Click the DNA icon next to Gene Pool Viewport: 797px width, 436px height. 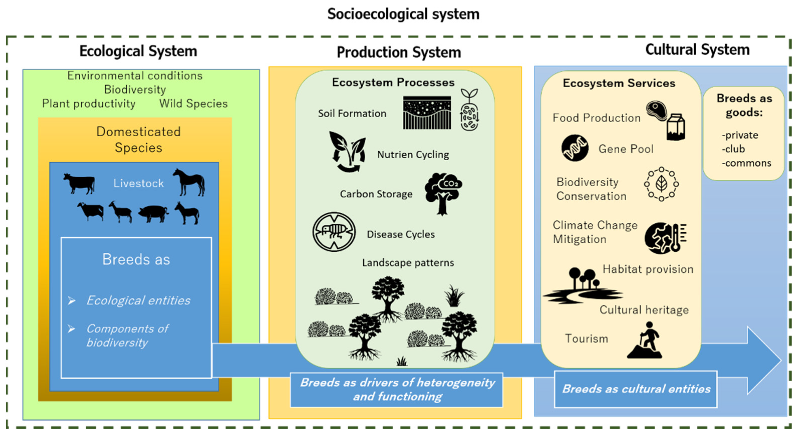pyautogui.click(x=575, y=148)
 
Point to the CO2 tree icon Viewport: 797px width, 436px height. pyautogui.click(x=443, y=193)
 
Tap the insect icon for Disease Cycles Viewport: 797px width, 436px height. pyautogui.click(x=334, y=232)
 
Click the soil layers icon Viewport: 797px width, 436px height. pyautogui.click(x=427, y=113)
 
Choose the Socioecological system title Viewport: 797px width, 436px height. pyautogui.click(x=403, y=14)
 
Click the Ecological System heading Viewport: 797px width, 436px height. pyautogui.click(x=138, y=51)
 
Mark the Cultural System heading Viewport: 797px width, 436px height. pyautogui.click(x=697, y=50)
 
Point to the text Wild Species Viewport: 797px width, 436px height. pyautogui.click(x=193, y=104)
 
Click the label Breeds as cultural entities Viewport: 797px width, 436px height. pyautogui.click(x=636, y=389)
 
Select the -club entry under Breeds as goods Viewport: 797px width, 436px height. pyautogui.click(x=733, y=149)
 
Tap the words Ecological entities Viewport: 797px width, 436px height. pyautogui.click(x=138, y=300)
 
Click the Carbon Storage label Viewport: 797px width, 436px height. pyautogui.click(x=376, y=194)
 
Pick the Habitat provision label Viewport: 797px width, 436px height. pyautogui.click(x=648, y=269)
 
